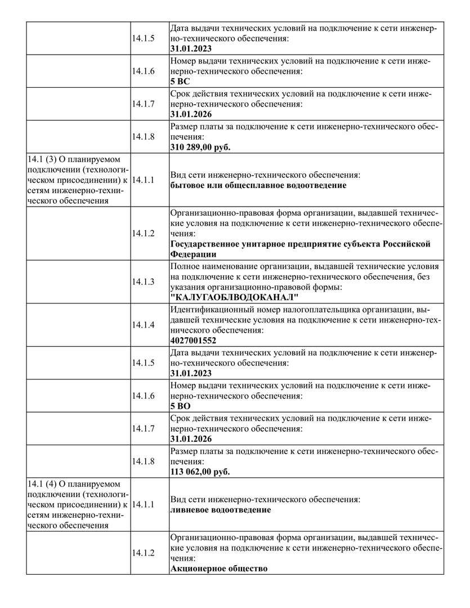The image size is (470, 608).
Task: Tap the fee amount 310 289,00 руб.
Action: (200, 147)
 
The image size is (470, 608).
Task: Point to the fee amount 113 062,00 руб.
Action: (200, 472)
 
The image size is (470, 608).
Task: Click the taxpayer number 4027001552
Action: (193, 341)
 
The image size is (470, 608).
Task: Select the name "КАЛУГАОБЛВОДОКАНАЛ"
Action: (234, 297)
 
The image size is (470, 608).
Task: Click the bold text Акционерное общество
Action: (218, 569)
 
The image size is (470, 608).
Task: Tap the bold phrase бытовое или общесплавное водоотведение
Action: (258, 185)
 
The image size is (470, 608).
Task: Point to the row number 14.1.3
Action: (143, 281)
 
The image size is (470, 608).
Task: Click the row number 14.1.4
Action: (143, 325)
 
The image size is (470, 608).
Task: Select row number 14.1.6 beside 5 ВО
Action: (143, 396)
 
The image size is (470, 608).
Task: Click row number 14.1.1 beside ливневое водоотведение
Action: (143, 504)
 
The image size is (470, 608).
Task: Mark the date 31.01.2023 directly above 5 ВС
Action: (191, 49)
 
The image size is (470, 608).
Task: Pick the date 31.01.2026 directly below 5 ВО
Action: (191, 439)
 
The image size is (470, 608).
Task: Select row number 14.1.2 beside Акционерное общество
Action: (143, 553)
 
